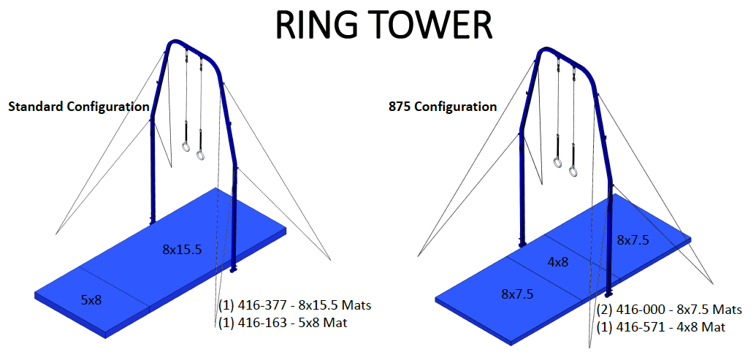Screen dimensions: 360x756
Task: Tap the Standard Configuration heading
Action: [x=78, y=107]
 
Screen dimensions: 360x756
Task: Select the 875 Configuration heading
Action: [x=443, y=107]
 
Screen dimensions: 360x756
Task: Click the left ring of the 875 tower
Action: [x=558, y=162]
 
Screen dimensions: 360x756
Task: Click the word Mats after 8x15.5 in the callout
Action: [x=356, y=305]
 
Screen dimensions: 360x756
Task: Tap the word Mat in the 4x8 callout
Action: [x=713, y=327]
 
